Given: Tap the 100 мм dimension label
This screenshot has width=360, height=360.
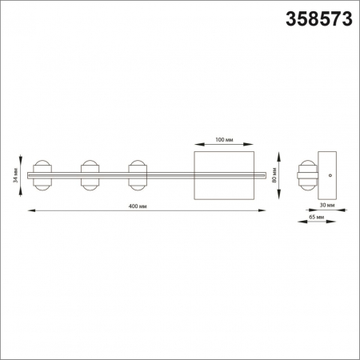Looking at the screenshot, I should [x=224, y=140].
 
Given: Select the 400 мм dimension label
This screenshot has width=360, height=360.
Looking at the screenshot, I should [x=137, y=206].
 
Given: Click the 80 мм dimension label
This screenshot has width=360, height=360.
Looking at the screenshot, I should [x=274, y=174].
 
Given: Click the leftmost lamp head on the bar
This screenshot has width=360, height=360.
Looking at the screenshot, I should [x=42, y=174].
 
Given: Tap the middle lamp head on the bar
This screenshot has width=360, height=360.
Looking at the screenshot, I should [x=89, y=174].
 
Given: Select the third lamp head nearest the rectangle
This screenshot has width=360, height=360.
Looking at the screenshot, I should [x=137, y=174].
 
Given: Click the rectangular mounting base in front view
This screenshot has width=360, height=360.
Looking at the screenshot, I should [x=225, y=174].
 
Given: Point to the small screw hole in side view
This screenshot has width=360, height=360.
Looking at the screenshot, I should [x=333, y=173].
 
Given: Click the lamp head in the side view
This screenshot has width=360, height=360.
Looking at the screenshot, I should [x=304, y=174].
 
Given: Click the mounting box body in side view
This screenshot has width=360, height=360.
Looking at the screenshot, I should [x=329, y=174].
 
